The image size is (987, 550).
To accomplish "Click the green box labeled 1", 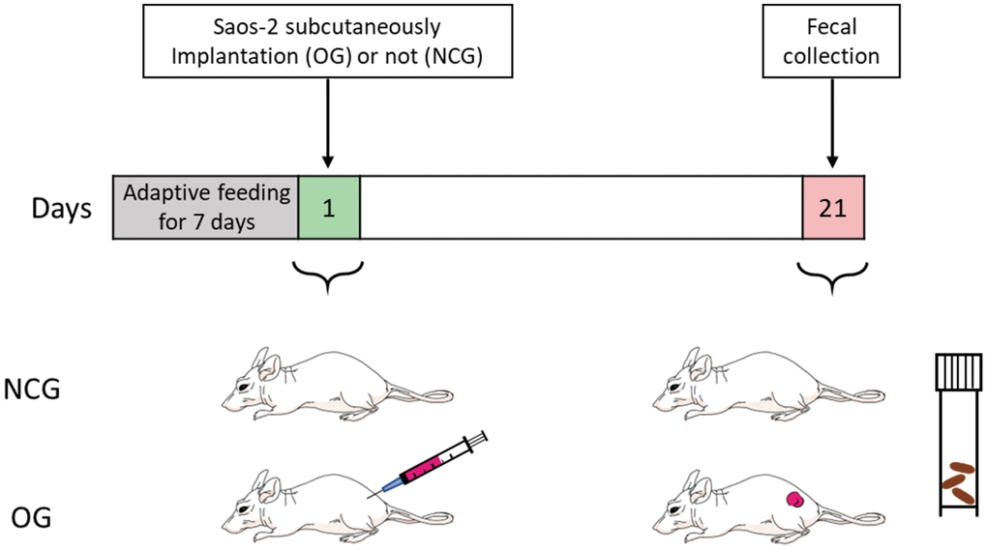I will [329, 208].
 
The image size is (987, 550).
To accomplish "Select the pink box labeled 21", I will [833, 208].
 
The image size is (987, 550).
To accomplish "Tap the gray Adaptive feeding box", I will [206, 208].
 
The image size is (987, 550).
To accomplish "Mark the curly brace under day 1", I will [328, 275].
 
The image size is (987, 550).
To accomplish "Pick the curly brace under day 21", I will [831, 275].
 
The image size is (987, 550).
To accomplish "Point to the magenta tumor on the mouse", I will [795, 500].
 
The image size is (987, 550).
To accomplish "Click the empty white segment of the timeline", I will [581, 208].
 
